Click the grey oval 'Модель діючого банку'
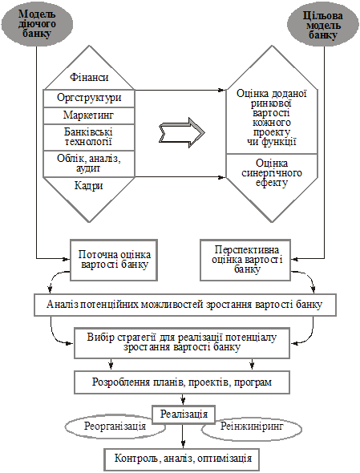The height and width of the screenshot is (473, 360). pos(37,24)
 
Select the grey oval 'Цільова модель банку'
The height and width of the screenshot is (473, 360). pos(322,25)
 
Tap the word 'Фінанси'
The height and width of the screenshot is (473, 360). pos(89,78)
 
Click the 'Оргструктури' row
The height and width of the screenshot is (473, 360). pos(89,98)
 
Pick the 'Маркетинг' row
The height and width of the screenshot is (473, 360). pos(89,115)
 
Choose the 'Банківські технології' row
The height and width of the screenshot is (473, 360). pos(89,137)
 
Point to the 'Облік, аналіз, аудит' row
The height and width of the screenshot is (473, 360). pos(89,164)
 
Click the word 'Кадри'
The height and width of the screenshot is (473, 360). pos(89,185)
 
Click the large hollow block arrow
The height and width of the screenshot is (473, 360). pos(182,132)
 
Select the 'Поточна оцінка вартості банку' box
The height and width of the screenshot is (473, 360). pos(114,260)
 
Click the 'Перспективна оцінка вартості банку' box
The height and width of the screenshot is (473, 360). pos(245,260)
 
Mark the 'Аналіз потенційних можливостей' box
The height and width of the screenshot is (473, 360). pos(185,305)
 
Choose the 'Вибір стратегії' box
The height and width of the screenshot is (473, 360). pos(182,342)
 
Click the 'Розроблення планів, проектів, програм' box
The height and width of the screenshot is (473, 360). pos(182,382)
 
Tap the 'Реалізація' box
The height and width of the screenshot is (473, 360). pos(184,414)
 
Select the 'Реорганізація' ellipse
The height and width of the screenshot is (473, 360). pos(115,427)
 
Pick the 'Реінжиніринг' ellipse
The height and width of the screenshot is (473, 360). pos(252,427)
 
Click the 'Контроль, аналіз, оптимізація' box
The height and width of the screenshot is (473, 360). pos(183,459)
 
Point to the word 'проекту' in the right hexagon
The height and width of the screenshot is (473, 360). pos(272,132)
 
